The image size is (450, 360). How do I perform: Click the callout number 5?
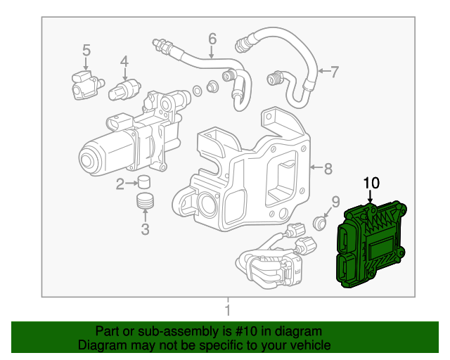point(86,50)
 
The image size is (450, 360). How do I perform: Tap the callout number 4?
point(124,62)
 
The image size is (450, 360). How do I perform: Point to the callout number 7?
point(335,71)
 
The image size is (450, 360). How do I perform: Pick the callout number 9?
point(335,202)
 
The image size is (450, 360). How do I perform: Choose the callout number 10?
point(371,183)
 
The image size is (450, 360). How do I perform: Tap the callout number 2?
point(120,184)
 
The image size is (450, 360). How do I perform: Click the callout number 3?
point(145,229)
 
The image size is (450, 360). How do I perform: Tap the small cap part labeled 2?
point(145,182)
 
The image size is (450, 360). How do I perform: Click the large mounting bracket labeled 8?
point(246,176)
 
